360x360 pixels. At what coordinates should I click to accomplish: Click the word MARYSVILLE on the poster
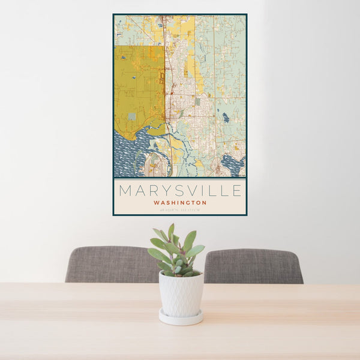[x=180, y=191]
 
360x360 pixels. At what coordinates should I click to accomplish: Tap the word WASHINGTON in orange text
[x=180, y=203]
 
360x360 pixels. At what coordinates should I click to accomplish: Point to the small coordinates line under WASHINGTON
[x=180, y=209]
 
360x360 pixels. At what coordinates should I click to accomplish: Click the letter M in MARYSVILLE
[x=125, y=191]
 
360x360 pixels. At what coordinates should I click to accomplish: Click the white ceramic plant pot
[x=181, y=293]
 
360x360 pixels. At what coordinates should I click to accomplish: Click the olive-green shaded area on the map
[x=138, y=90]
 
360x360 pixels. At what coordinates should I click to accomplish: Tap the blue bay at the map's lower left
[x=129, y=153]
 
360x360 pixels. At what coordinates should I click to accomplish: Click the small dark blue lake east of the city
[x=225, y=118]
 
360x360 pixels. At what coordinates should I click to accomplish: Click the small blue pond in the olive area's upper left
[x=123, y=58]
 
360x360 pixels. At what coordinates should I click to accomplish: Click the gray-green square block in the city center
[x=197, y=102]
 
